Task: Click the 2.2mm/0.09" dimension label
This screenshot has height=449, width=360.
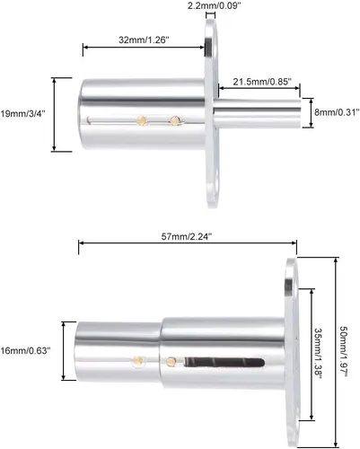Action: click(214, 5)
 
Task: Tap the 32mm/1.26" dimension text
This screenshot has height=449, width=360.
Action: click(144, 40)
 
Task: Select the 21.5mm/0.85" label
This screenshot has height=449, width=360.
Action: click(262, 82)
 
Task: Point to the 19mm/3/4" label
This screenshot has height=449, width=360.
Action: click(23, 114)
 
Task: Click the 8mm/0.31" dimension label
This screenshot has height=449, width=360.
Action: click(337, 112)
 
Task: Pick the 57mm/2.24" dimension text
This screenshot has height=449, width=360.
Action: click(187, 236)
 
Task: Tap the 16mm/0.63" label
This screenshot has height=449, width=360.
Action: click(25, 350)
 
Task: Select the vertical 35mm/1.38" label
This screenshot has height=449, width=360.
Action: click(318, 354)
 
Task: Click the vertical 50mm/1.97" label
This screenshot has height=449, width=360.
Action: click(343, 351)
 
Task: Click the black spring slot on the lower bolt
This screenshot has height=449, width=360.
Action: click(224, 362)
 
